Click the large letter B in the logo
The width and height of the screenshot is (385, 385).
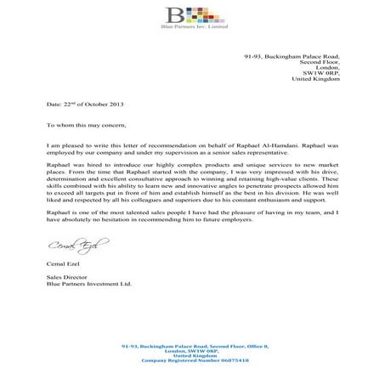[x=177, y=16]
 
